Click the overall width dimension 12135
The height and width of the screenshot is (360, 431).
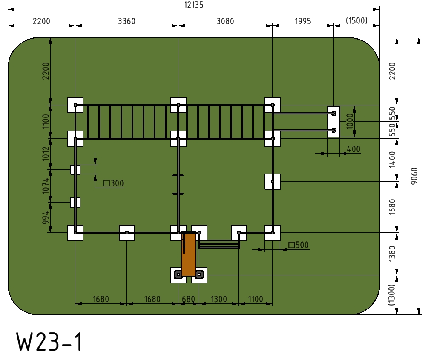coord(193,5)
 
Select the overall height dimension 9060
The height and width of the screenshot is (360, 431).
coord(414,176)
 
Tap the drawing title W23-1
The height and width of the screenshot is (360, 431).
coord(49,342)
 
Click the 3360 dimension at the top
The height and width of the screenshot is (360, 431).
coord(126,21)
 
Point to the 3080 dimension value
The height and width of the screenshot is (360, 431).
coord(225,21)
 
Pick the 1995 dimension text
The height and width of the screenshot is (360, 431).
coord(303,21)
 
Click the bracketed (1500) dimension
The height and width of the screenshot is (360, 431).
coord(356,20)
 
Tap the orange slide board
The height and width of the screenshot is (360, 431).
coord(189,254)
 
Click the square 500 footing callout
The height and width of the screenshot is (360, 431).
coord(299,245)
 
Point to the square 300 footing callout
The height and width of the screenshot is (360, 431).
coord(114,183)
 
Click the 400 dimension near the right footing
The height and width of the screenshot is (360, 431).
coord(353,149)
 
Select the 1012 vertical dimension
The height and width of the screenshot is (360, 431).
coord(46,154)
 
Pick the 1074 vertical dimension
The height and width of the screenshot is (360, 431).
coord(46,186)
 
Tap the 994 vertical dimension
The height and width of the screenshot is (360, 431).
coord(46,217)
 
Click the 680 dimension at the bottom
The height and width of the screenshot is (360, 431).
coord(189,299)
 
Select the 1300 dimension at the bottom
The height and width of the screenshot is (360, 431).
coord(219,299)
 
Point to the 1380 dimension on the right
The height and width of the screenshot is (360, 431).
coord(392,254)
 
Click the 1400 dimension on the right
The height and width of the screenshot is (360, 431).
coord(392,160)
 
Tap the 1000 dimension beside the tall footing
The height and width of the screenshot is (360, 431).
coord(350,121)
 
